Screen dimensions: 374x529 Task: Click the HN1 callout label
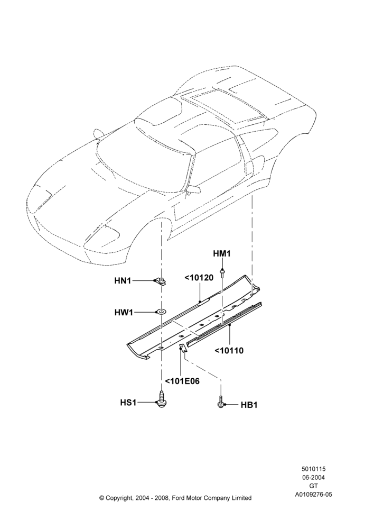point(123,280)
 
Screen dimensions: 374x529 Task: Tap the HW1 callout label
point(124,313)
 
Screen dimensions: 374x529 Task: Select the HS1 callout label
point(128,403)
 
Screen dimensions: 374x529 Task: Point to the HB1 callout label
point(249,405)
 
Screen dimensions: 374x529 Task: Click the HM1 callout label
point(222,254)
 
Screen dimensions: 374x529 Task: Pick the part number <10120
point(199,278)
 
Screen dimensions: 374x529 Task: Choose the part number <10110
point(229,351)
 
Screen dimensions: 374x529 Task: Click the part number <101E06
point(182,381)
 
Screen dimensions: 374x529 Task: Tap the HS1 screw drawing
point(162,399)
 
